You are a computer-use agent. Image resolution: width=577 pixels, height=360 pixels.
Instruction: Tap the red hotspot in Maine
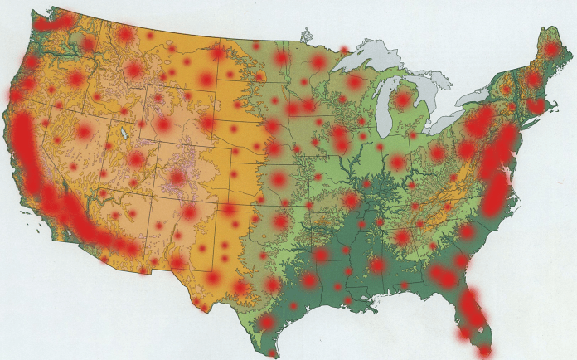pos(551,50)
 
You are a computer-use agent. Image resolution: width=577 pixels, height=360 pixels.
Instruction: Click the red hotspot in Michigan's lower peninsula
pos(403,100)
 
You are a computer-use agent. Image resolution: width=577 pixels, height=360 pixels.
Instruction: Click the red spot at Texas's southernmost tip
pos(273,353)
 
